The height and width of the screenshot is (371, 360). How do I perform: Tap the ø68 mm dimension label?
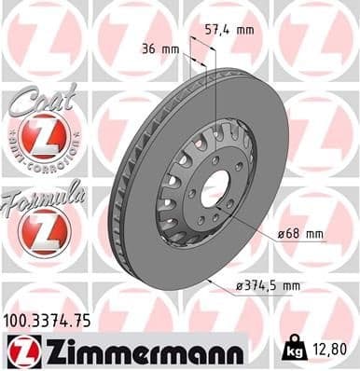tap(299, 233)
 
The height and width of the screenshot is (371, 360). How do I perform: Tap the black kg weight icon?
tap(293, 350)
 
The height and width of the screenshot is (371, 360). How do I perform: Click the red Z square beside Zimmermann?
tap(20, 350)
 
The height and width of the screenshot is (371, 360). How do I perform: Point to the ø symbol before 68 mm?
tap(281, 233)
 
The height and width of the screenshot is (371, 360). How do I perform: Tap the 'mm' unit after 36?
tap(171, 48)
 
